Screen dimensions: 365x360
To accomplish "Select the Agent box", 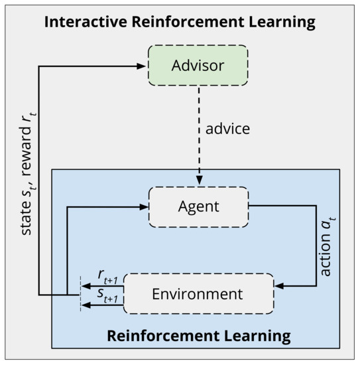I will point(198,206).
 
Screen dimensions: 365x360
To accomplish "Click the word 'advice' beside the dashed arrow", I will point(228,128).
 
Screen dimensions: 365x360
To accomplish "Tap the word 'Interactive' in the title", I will point(85,22).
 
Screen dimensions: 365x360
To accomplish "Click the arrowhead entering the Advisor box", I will point(141,66).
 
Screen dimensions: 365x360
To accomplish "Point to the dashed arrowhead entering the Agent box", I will point(198,181).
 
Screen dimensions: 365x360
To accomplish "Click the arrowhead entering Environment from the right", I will point(279,286).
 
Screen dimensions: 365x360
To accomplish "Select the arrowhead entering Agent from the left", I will point(142,206).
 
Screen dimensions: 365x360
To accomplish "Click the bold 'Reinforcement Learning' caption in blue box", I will point(198,335).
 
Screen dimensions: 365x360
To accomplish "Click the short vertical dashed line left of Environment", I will point(80,293).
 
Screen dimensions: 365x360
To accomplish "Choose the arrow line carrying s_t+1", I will point(103,304).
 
